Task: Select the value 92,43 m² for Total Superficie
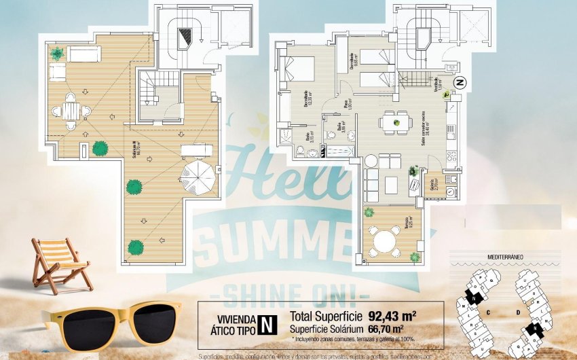[x=392, y=316]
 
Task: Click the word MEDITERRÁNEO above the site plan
[x=509, y=257]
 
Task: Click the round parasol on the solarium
[x=198, y=175]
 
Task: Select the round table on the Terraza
[x=386, y=240]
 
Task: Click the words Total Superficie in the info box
[x=327, y=316]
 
